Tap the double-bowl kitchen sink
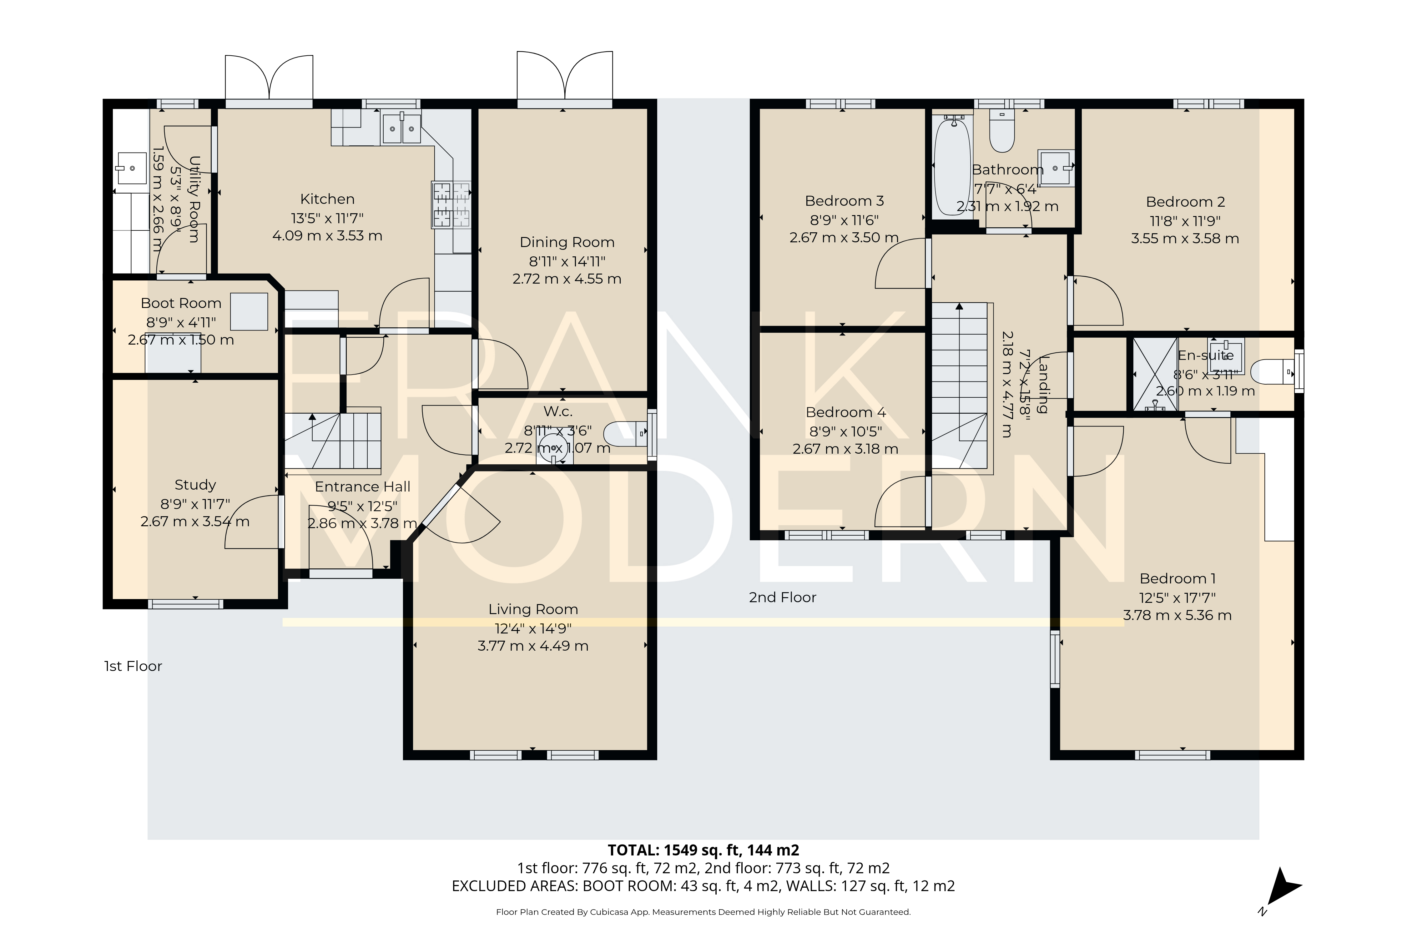(x=401, y=128)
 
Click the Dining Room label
(x=567, y=242)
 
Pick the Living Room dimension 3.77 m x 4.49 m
(x=532, y=646)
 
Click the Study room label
(x=195, y=485)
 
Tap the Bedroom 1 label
(x=1177, y=578)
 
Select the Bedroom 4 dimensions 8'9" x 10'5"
(x=845, y=431)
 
